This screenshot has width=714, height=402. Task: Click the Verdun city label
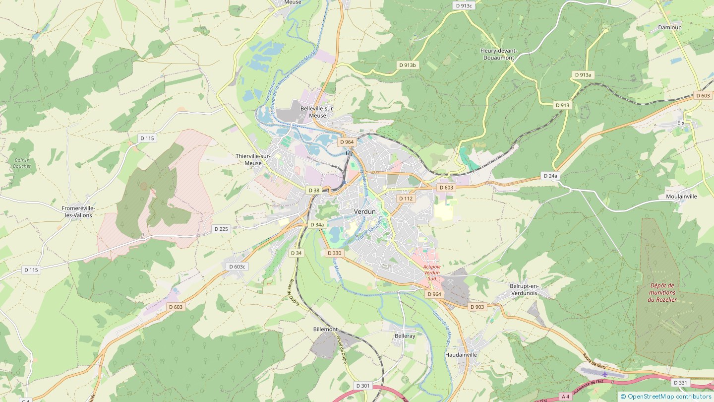(x=364, y=211)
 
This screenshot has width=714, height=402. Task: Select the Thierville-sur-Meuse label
(x=253, y=159)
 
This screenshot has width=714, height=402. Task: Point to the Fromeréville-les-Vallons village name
(x=78, y=212)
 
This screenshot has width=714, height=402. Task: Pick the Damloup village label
(x=669, y=27)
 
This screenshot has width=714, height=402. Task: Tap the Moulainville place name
(x=681, y=197)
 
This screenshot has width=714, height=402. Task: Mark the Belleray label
(x=405, y=336)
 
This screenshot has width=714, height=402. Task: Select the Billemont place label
(x=325, y=330)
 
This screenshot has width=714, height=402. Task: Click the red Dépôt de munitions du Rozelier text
(x=661, y=292)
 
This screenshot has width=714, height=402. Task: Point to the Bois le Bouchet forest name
(x=22, y=163)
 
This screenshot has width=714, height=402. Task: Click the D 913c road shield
(x=464, y=5)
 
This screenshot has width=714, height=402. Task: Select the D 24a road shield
(x=550, y=176)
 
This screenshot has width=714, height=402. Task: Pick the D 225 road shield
(x=221, y=229)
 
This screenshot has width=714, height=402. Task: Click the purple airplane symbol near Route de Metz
(x=604, y=374)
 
